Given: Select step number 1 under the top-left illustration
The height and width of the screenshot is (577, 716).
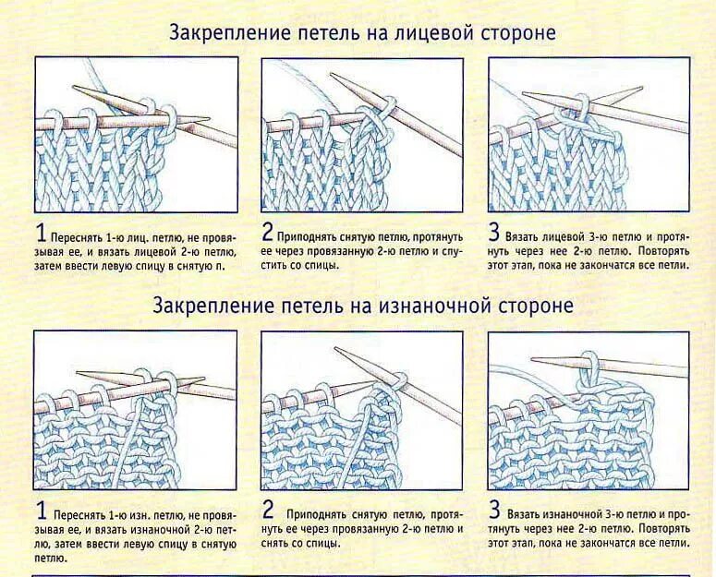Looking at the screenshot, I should pyautogui.click(x=41, y=232).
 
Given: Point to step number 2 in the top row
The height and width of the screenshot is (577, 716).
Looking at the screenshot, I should pyautogui.click(x=269, y=232).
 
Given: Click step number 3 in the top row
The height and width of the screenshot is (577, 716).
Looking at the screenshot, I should pyautogui.click(x=494, y=232).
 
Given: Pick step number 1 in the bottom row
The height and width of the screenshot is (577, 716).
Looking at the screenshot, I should pyautogui.click(x=41, y=511).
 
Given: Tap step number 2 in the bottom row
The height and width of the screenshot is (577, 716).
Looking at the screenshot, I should pyautogui.click(x=269, y=511).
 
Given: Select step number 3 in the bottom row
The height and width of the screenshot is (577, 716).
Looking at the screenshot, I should pyautogui.click(x=494, y=511).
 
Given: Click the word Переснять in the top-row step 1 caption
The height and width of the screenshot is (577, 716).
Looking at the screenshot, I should pyautogui.click(x=75, y=236).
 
